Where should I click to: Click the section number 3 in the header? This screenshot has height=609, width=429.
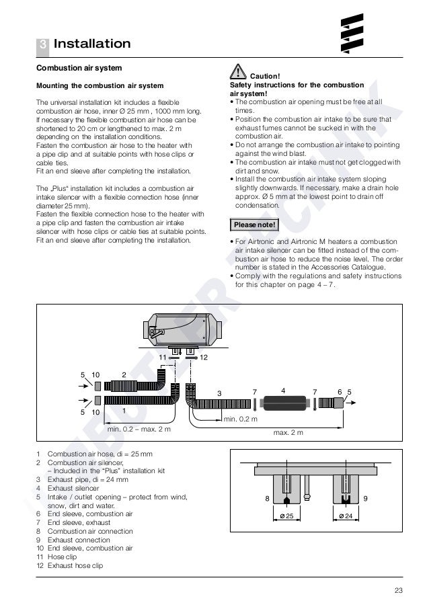(x=42, y=44)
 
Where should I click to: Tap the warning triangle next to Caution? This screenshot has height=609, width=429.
(x=237, y=70)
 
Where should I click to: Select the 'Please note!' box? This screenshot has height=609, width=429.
(x=255, y=224)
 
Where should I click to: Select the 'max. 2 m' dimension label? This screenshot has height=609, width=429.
(x=287, y=432)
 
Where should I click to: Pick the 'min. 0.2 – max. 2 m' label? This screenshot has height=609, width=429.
(x=139, y=428)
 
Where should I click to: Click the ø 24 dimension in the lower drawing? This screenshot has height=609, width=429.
(x=347, y=515)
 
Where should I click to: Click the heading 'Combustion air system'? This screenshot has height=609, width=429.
(x=79, y=69)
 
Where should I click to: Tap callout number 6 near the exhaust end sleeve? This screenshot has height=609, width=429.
(x=340, y=391)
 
